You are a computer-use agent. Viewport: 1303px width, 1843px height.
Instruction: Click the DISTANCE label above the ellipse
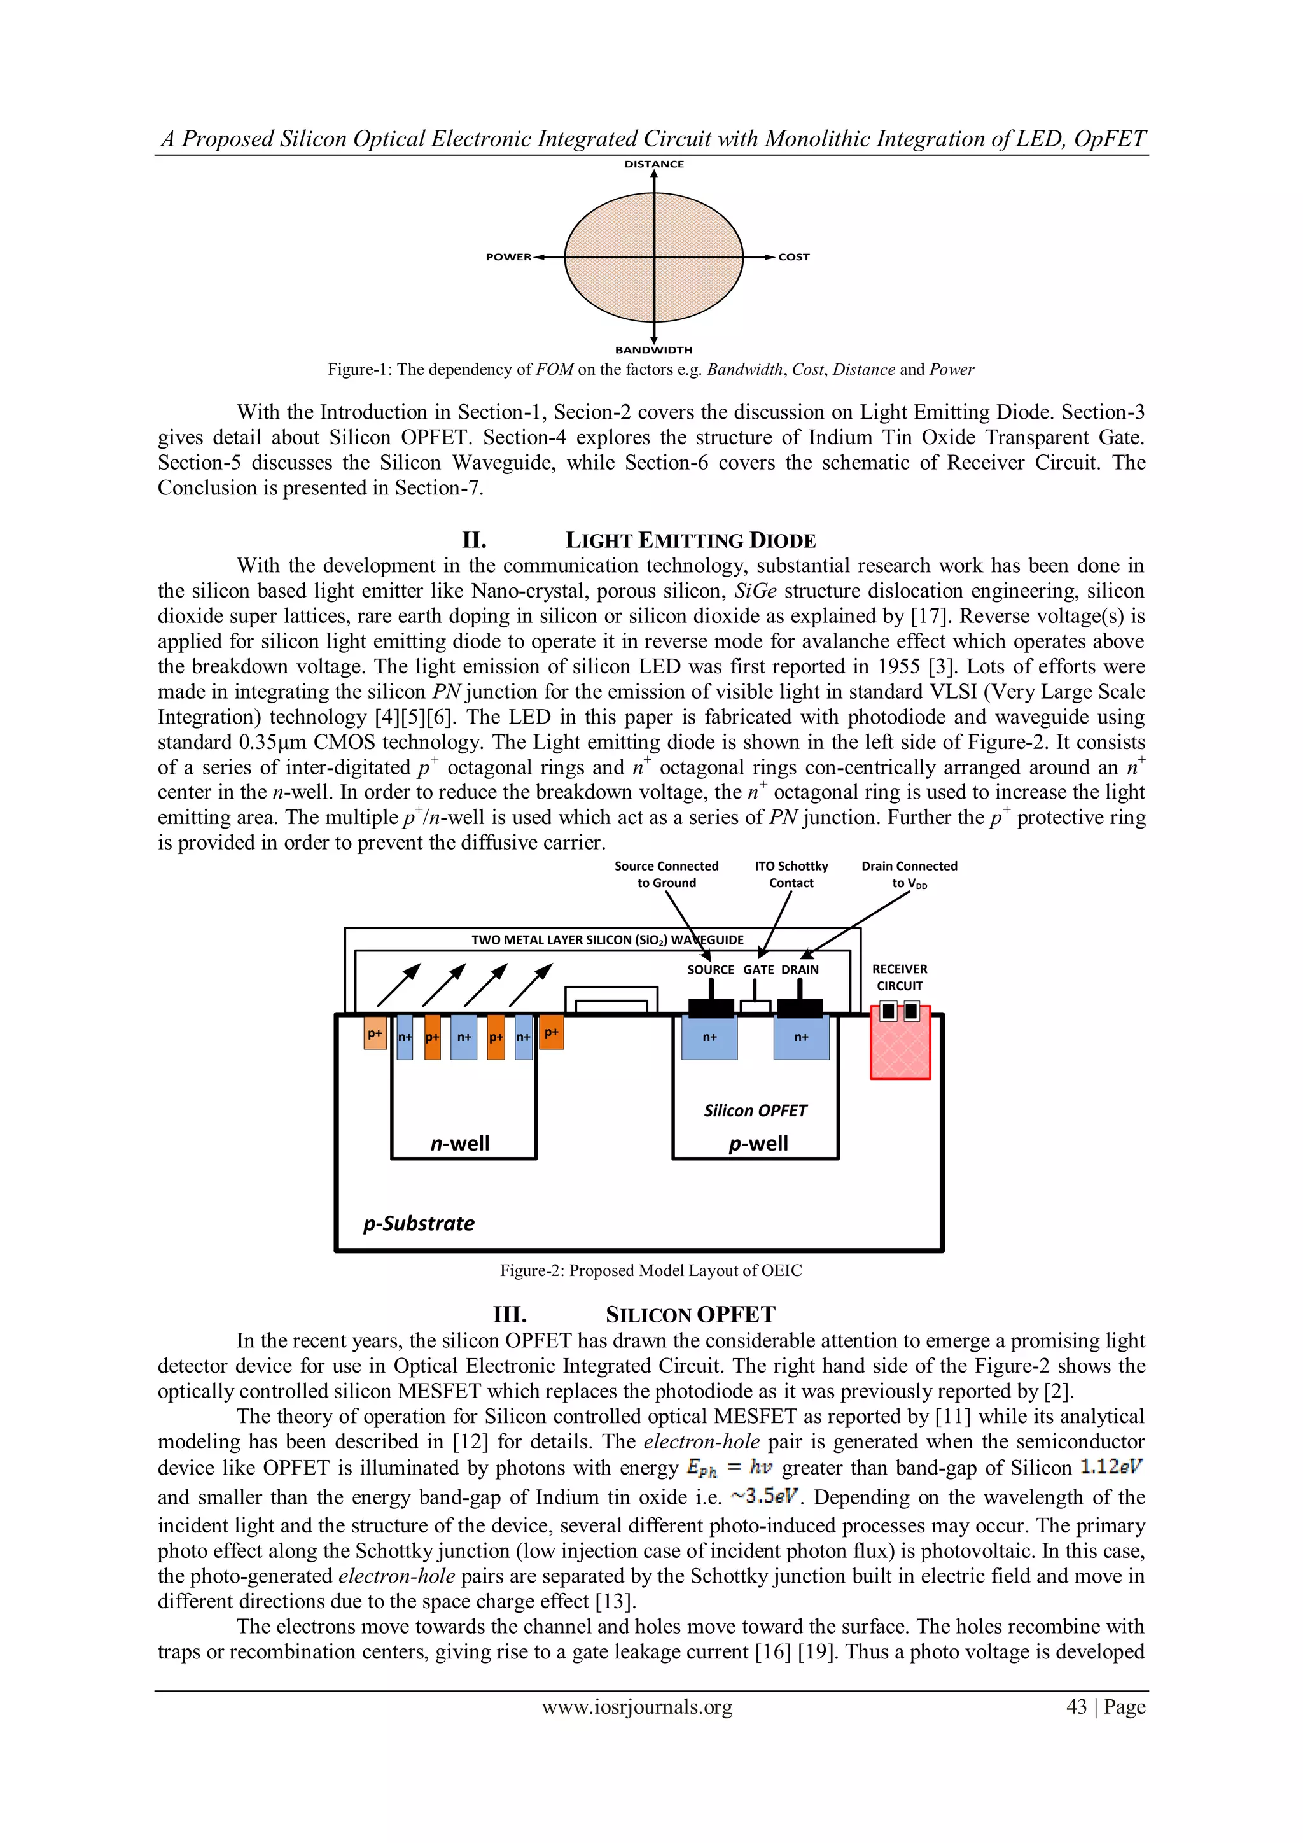pyautogui.click(x=654, y=164)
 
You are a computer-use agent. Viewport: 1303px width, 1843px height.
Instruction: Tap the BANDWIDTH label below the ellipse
pyautogui.click(x=653, y=350)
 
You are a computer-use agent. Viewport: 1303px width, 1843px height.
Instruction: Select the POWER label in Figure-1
pyautogui.click(x=508, y=257)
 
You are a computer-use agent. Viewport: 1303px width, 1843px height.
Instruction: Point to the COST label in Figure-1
pyautogui.click(x=793, y=257)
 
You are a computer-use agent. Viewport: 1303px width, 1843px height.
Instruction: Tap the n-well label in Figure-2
pyautogui.click(x=460, y=1143)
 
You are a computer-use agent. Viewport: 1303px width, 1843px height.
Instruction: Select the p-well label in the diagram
pyautogui.click(x=758, y=1143)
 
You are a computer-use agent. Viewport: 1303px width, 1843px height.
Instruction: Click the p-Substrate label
pyautogui.click(x=418, y=1223)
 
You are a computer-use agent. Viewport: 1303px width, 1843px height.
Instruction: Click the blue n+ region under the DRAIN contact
pyautogui.click(x=801, y=1038)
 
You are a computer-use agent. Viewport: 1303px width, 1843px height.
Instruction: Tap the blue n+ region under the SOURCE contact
pyautogui.click(x=709, y=1038)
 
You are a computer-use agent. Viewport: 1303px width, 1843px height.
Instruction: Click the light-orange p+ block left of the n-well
pyautogui.click(x=375, y=1034)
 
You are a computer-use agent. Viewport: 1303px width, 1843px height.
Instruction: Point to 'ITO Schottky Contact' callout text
pyautogui.click(x=791, y=874)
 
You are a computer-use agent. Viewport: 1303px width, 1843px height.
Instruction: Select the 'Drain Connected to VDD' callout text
pyautogui.click(x=909, y=874)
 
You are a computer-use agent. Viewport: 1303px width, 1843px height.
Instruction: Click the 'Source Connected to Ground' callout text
pyautogui.click(x=666, y=874)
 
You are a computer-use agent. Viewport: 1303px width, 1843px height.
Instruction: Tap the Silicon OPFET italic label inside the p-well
pyautogui.click(x=755, y=1110)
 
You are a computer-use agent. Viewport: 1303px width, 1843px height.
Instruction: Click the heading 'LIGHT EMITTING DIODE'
pyautogui.click(x=690, y=540)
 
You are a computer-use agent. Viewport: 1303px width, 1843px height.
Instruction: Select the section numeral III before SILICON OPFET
pyautogui.click(x=510, y=1315)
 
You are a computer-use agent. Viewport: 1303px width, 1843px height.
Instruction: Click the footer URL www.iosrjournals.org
pyautogui.click(x=637, y=1707)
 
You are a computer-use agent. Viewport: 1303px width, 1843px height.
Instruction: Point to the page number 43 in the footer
pyautogui.click(x=1076, y=1707)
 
